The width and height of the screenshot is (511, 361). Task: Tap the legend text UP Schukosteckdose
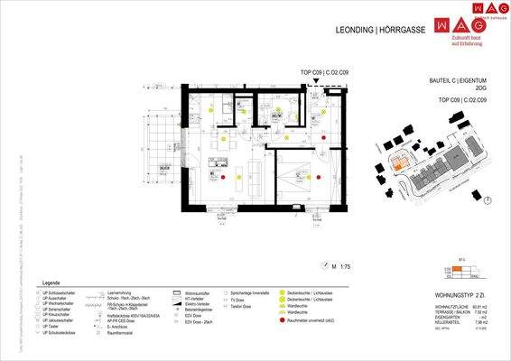57,333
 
